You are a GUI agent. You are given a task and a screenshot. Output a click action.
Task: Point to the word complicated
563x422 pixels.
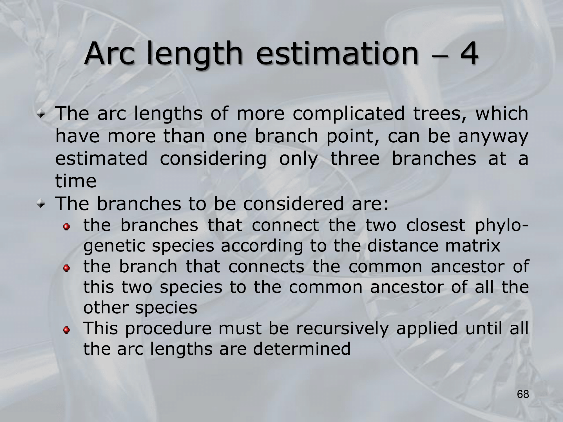[x=348, y=114]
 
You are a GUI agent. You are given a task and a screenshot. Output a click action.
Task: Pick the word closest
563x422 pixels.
[x=435, y=225]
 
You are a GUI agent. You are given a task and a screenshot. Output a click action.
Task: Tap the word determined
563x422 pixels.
[x=302, y=349]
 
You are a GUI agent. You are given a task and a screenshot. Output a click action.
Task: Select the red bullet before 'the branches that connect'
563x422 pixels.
[x=66, y=227]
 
